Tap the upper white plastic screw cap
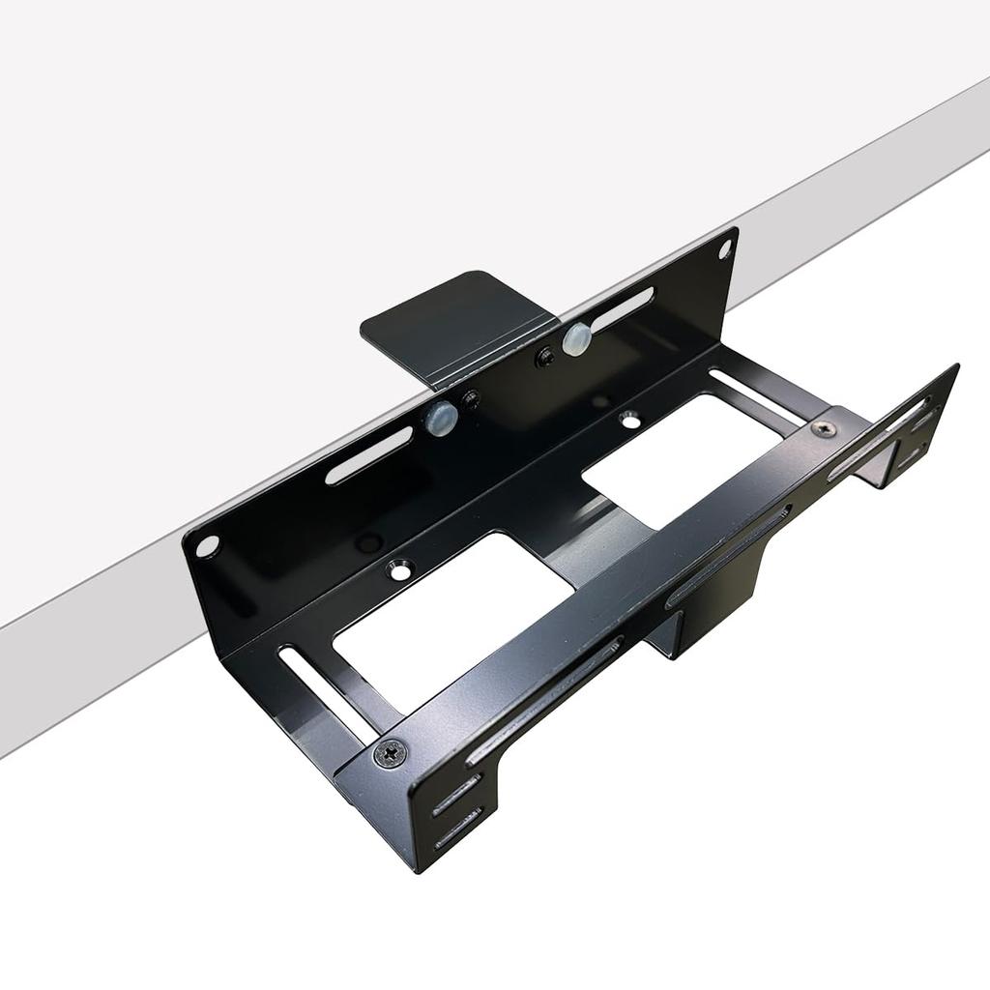pos(576,338)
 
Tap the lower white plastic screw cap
pos(441,418)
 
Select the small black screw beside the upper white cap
pos(545,357)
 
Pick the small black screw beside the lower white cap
pos(471,398)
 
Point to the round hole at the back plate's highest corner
pos(724,248)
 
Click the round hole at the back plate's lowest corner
pos(207,546)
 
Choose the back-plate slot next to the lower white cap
pos(368,455)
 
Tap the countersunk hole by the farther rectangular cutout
pos(629,420)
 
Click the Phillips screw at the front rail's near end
pos(391,751)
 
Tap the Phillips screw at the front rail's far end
pos(824,427)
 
